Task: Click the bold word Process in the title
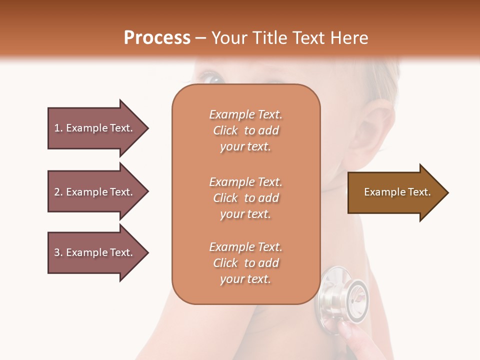click(157, 38)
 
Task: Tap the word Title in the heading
click(271, 38)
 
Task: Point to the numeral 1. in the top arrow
click(58, 128)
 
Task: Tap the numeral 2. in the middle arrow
click(58, 192)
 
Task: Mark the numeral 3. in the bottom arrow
click(58, 252)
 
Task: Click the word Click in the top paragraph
click(225, 130)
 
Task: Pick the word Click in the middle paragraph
click(225, 198)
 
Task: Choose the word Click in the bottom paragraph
click(225, 263)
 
